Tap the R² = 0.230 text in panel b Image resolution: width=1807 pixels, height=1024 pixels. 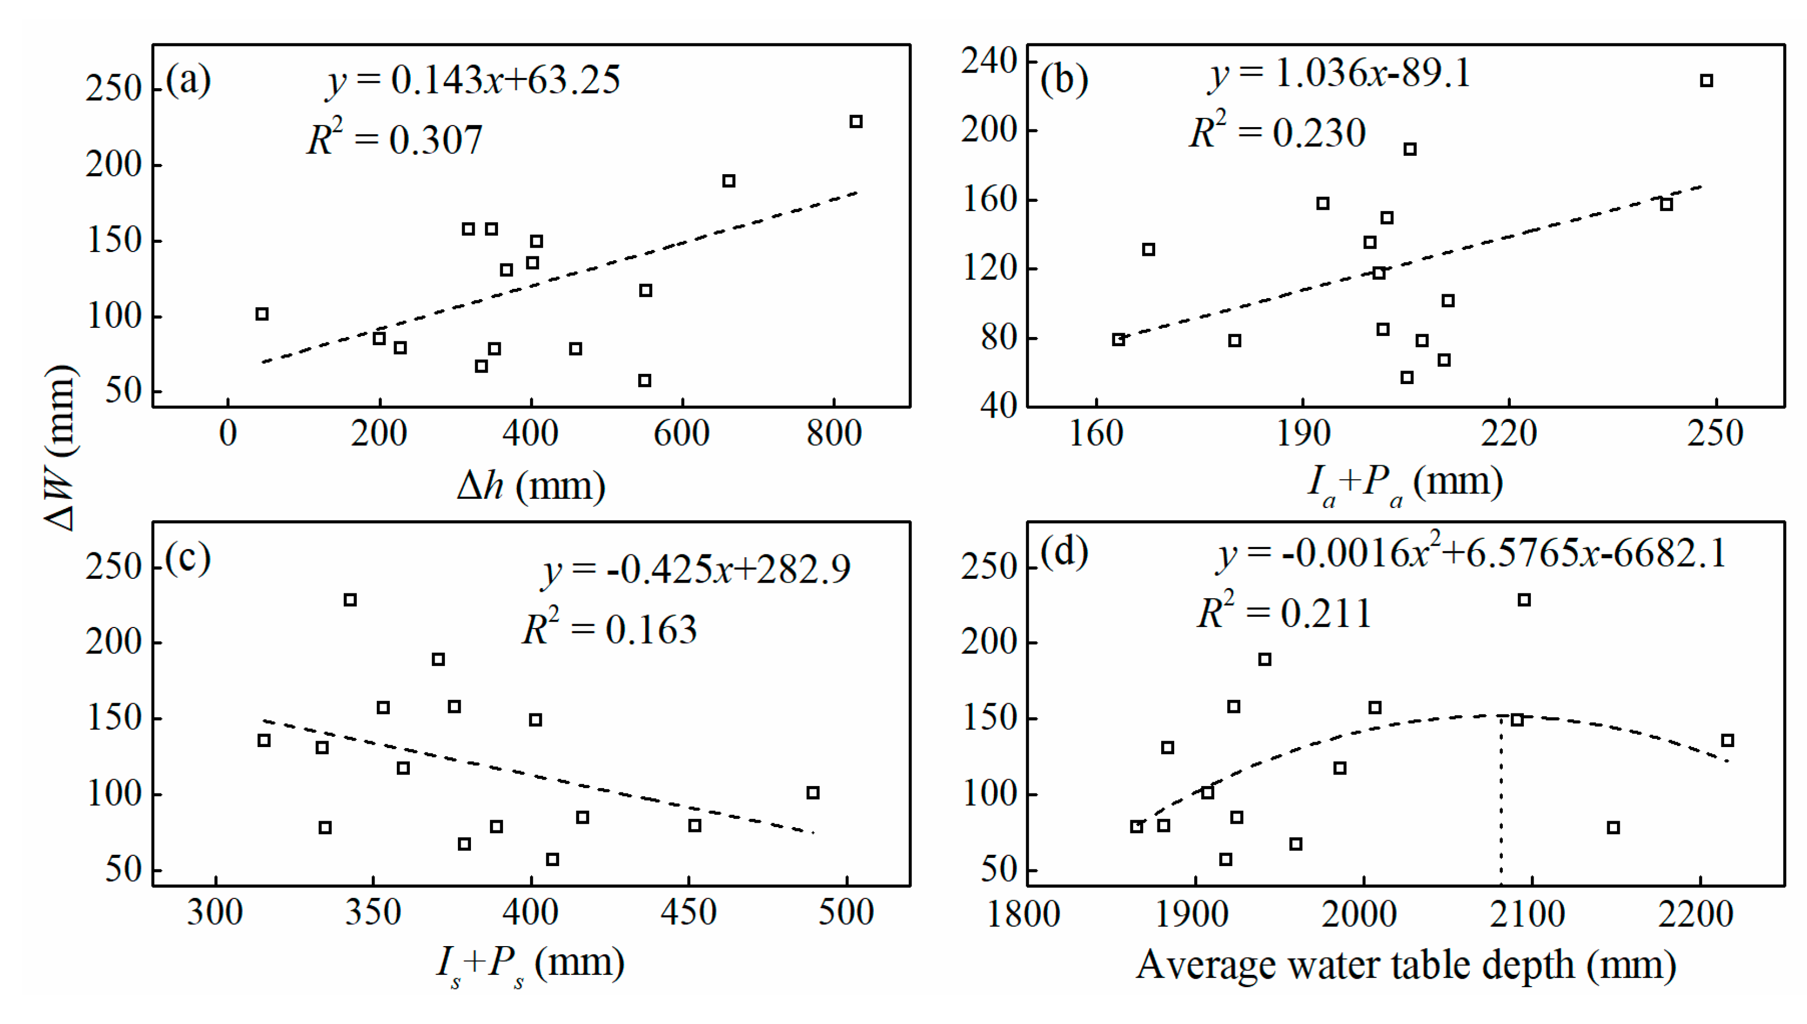1276,131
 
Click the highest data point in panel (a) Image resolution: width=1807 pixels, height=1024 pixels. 856,122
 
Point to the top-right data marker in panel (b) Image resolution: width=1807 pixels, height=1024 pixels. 1706,81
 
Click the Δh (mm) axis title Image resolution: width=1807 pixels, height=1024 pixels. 531,485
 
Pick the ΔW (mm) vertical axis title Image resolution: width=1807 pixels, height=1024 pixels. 59,447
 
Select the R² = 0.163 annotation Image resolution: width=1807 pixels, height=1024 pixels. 610,628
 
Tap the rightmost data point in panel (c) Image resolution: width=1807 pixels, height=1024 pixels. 813,792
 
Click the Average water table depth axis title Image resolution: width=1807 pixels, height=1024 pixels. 1405,965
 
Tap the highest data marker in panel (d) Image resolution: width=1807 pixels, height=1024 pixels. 1524,600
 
